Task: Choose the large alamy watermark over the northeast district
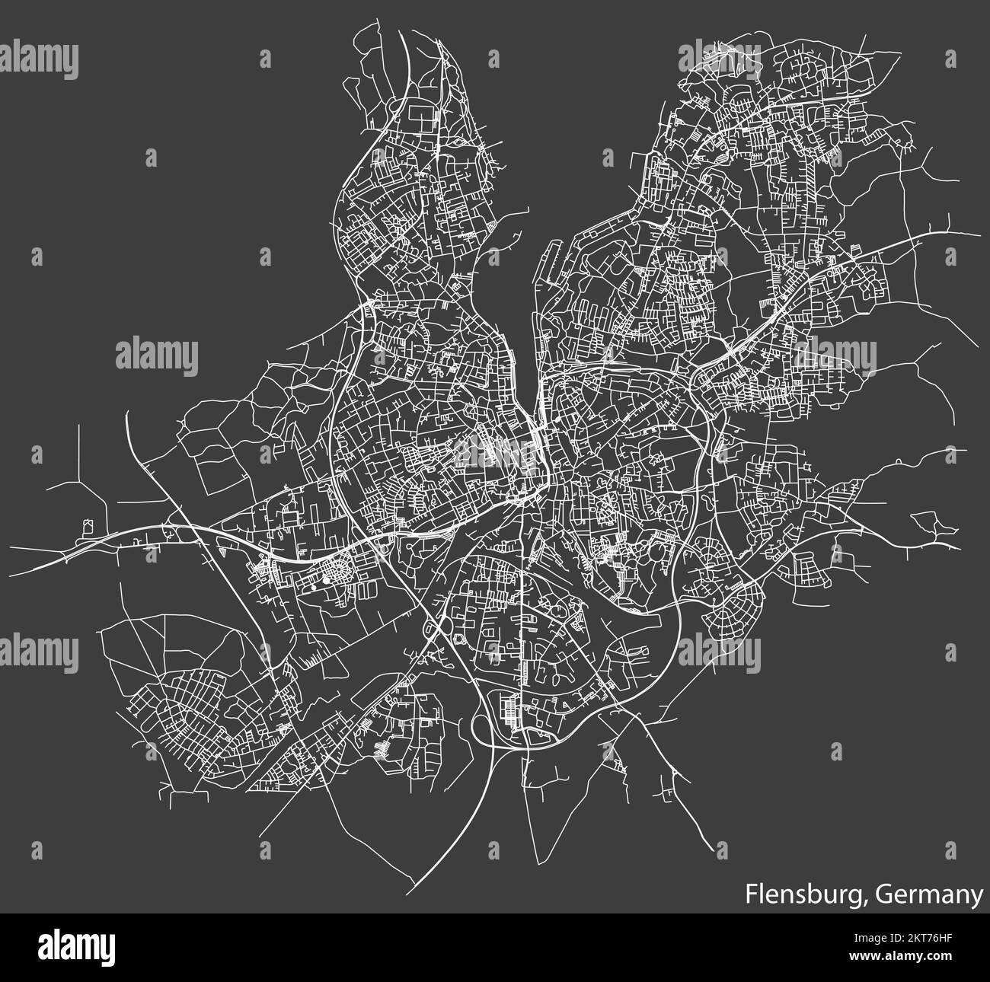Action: tap(720, 58)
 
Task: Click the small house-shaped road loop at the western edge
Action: tap(90, 525)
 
